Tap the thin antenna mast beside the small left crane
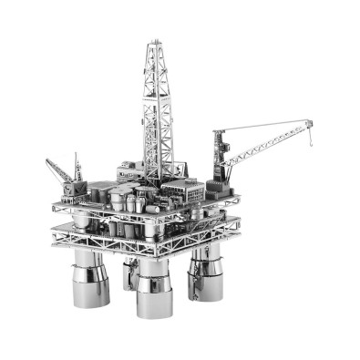(x=78, y=169)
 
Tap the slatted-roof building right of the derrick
(x=188, y=192)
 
